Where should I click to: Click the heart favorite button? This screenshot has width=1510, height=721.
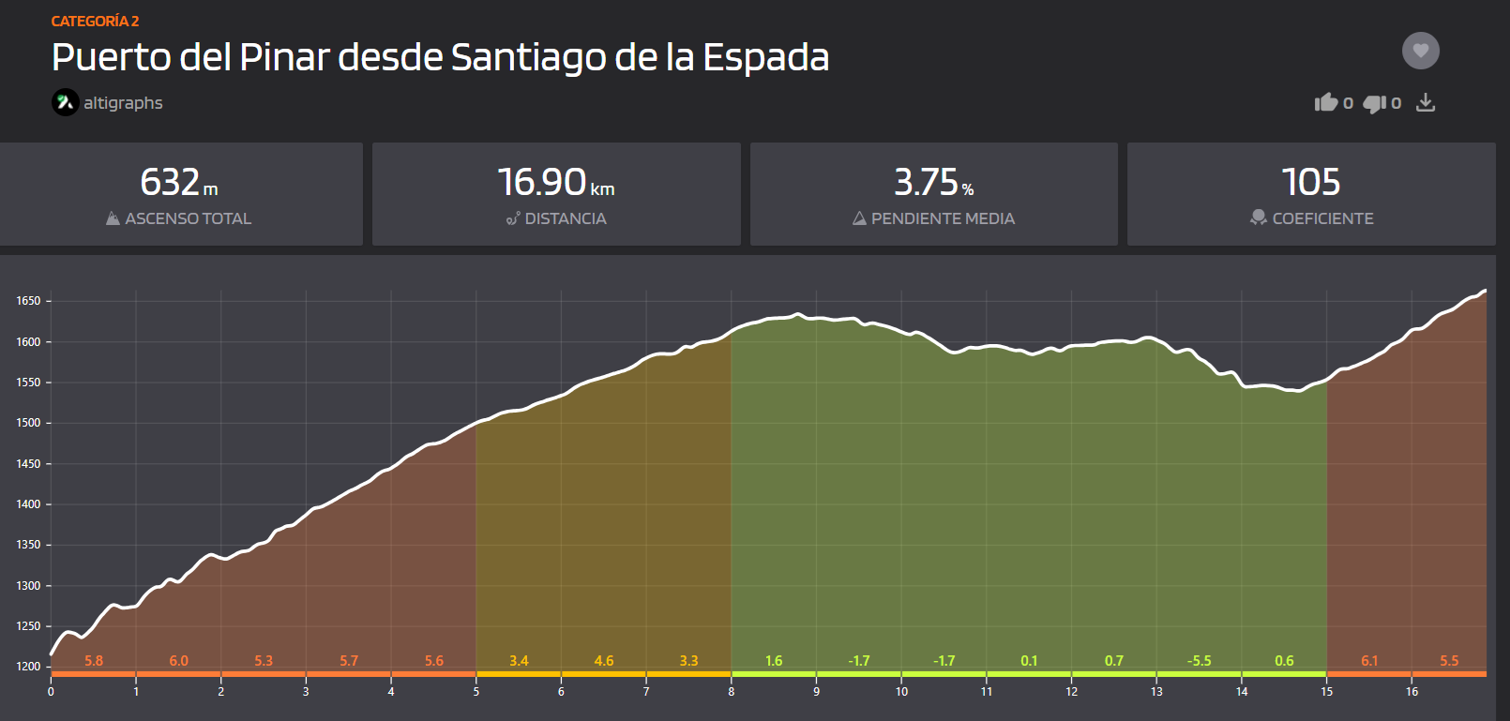1420,51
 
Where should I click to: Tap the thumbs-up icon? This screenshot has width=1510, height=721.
1325,102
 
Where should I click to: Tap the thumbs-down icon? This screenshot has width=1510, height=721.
1374,103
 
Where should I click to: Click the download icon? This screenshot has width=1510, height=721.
1425,102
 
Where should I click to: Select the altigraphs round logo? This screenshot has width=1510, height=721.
66,102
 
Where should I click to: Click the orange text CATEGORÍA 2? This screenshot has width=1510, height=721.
95,22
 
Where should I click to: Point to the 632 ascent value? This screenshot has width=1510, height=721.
170,182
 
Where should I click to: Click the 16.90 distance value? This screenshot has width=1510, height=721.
542,182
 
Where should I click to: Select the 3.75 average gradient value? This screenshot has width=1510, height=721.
927,182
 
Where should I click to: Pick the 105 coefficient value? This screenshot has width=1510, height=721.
1310,182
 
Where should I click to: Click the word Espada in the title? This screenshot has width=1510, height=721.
765,58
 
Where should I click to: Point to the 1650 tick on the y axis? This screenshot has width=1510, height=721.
28,301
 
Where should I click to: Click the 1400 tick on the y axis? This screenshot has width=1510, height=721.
28,504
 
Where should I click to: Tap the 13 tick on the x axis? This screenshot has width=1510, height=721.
1156,692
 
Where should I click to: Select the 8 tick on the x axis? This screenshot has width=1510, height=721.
732,692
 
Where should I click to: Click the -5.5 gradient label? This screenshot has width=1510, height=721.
1200,661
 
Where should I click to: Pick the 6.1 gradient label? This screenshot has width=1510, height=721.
1369,661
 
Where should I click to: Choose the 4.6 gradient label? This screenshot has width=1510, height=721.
604,661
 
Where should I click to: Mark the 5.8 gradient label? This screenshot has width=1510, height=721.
94,661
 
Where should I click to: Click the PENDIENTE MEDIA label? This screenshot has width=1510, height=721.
944,218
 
